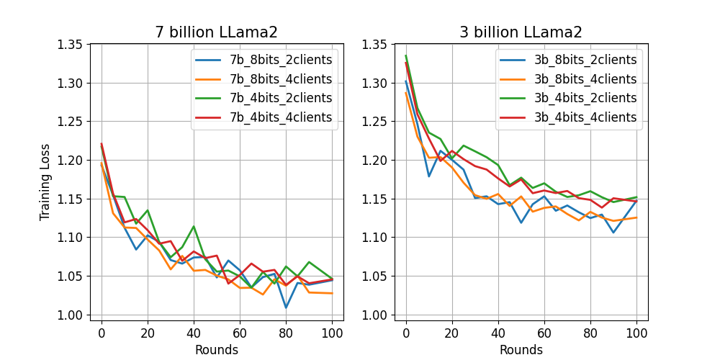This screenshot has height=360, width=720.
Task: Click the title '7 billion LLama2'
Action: [216, 32]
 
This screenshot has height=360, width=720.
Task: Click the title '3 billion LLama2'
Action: [521, 32]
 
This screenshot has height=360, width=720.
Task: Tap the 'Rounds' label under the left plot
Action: [216, 350]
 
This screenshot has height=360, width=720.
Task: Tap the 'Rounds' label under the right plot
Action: [521, 350]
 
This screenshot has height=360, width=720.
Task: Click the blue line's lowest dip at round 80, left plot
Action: [286, 307]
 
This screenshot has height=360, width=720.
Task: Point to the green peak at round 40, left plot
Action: [194, 226]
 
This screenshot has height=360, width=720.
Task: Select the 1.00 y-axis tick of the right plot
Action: [377, 315]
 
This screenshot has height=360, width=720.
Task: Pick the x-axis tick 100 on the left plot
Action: [332, 333]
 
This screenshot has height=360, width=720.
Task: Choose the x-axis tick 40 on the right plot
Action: [498, 333]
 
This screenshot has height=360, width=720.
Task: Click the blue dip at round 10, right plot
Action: [429, 176]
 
